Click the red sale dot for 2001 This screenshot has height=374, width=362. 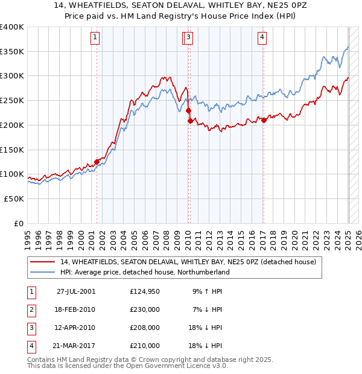coord(97,162)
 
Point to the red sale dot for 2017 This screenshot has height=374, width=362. coord(264,120)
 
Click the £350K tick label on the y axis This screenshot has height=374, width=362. coord(12,52)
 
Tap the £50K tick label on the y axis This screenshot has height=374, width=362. coord(14,198)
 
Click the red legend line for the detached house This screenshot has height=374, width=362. coord(43,262)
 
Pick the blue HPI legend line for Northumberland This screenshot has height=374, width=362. coord(43,273)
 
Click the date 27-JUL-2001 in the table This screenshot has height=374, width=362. coord(75,291)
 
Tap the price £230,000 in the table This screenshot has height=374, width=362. coord(145,309)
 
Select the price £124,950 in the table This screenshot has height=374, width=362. coord(145,291)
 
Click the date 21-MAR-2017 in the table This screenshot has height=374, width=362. coord(75,346)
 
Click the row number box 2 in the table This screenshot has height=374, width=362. coord(30,309)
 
